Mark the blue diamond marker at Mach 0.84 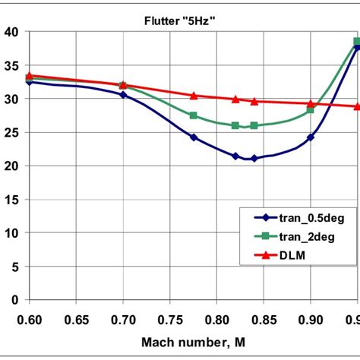pyautogui.click(x=254, y=159)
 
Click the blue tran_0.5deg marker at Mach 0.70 pyautogui.click(x=123, y=95)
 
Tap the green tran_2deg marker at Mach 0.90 pyautogui.click(x=311, y=110)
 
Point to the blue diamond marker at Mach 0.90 pyautogui.click(x=311, y=137)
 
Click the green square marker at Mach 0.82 pyautogui.click(x=235, y=125)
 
